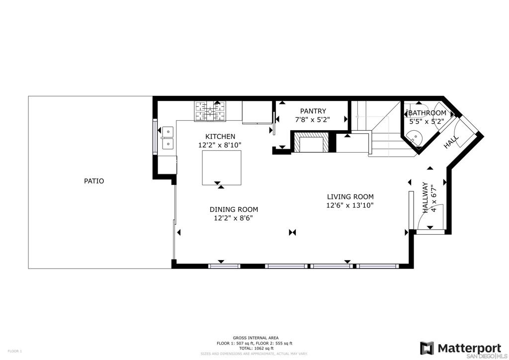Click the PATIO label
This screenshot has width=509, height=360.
[94, 181]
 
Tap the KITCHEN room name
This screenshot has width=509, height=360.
[220, 136]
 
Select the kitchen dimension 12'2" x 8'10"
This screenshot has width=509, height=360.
[220, 145]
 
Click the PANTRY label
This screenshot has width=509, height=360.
[313, 111]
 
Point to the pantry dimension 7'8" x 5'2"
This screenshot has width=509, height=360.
[312, 120]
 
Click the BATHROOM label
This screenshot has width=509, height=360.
[427, 113]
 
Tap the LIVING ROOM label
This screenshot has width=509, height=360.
[350, 197]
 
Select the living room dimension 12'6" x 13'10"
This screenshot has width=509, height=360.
[350, 205]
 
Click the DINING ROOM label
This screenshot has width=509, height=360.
[234, 210]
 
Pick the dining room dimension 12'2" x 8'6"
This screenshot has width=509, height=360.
[234, 218]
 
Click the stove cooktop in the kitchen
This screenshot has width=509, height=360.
[210, 111]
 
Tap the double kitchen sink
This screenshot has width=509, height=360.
[168, 138]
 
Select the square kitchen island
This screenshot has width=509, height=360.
[222, 168]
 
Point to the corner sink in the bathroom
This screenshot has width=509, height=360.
[414, 138]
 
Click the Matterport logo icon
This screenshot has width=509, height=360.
[427, 348]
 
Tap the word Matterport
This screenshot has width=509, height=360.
[469, 349]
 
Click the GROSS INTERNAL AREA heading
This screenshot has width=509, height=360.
[255, 338]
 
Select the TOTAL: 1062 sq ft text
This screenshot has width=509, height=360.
[255, 348]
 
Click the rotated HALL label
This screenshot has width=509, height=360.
[451, 142]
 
